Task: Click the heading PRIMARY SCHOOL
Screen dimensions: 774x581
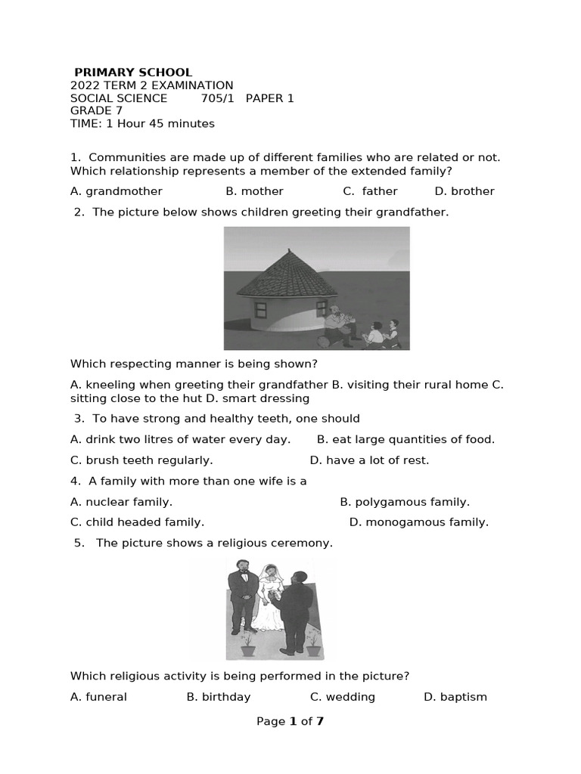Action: point(133,73)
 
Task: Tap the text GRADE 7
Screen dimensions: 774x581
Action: point(96,110)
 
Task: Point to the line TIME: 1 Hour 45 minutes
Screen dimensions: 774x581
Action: point(142,123)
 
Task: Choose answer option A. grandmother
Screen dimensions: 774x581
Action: point(117,191)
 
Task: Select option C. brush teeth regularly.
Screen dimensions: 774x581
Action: point(141,460)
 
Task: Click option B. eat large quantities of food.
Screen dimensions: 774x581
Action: point(405,439)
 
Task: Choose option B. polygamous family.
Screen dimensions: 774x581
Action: point(405,502)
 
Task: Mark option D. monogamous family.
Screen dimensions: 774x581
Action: point(419,522)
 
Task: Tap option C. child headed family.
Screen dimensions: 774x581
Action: point(137,522)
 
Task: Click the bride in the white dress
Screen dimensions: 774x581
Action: point(269,601)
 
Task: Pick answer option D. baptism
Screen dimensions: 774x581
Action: point(455,697)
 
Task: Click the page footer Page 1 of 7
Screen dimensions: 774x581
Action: point(290,721)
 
